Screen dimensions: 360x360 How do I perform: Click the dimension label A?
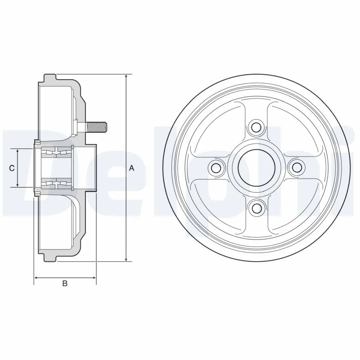(x=132, y=168)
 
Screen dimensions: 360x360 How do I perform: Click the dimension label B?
(x=65, y=283)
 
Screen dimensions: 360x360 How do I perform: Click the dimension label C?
(x=13, y=168)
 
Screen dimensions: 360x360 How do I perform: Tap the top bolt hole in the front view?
(x=256, y=127)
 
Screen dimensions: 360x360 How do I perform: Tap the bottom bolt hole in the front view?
(x=256, y=208)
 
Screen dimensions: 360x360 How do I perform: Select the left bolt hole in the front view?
(x=216, y=168)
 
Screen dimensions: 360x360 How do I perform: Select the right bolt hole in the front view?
(x=297, y=168)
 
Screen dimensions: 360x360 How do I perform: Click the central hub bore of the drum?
(x=256, y=168)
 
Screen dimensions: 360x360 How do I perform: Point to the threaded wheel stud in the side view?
(x=96, y=126)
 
